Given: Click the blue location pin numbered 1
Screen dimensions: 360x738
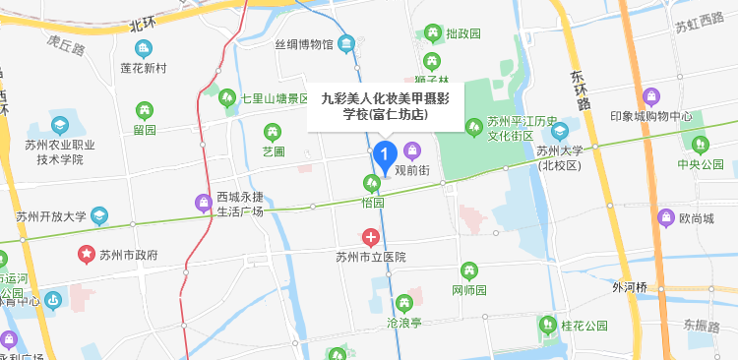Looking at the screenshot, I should click(x=385, y=154).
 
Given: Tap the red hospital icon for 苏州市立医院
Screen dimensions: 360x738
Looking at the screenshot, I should click(x=371, y=237).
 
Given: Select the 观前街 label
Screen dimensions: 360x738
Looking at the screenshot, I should click(x=412, y=169).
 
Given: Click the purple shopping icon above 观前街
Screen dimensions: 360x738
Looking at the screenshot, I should click(x=412, y=150).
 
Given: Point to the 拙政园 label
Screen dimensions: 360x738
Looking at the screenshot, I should click(x=462, y=33).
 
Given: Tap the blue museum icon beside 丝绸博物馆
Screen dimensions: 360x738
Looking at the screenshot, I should click(x=346, y=43).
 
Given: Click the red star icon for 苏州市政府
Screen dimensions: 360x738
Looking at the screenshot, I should click(x=86, y=254).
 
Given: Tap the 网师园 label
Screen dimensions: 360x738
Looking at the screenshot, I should click(x=469, y=290).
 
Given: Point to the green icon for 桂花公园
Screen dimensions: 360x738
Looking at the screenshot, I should click(x=546, y=324).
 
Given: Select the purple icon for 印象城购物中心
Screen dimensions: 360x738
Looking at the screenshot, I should click(x=650, y=97).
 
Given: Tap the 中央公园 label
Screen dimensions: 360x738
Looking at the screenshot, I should click(x=700, y=164).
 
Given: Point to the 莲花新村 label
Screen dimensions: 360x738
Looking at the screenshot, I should click(x=144, y=68).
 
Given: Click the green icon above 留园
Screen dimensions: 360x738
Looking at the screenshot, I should click(x=145, y=109).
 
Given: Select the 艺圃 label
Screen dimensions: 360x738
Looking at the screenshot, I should click(x=273, y=151).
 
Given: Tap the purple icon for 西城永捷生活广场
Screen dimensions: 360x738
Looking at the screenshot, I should click(x=204, y=204).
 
